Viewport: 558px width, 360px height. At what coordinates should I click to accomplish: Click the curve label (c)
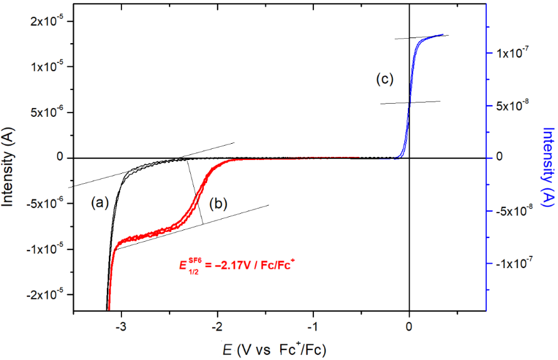click(385, 79)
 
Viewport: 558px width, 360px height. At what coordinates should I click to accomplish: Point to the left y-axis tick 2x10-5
click(49, 21)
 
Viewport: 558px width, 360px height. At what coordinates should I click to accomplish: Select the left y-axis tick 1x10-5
click(49, 67)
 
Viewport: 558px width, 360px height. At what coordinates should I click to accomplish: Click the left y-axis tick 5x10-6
click(49, 112)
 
